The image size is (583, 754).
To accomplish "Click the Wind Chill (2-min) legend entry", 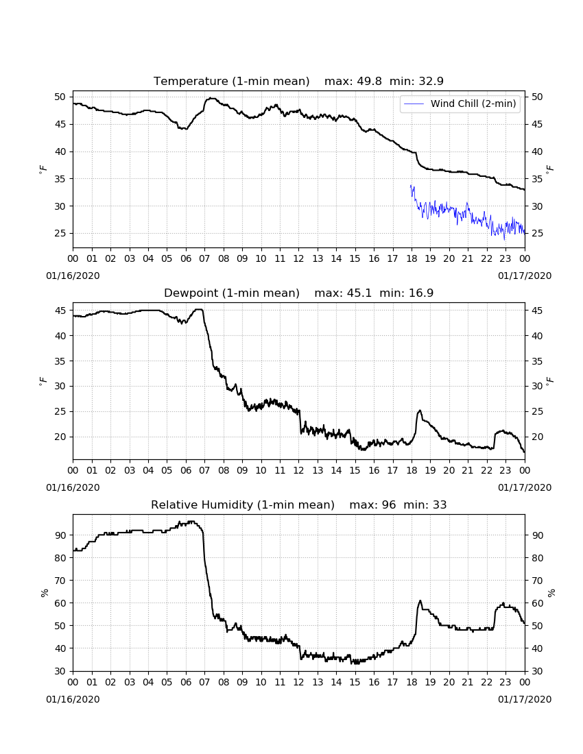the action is click(x=460, y=104).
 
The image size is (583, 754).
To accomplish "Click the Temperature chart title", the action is click(x=231, y=82).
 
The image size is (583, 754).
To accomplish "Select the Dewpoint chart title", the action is click(x=232, y=293).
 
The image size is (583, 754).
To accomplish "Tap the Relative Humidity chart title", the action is click(x=242, y=505).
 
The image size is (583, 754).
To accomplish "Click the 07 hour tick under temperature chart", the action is click(x=204, y=258).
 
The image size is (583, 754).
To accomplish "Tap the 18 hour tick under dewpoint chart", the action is click(x=412, y=470).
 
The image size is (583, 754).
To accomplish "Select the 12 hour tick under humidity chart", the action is click(x=299, y=682).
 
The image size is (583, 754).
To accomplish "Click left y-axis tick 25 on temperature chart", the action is click(x=60, y=234).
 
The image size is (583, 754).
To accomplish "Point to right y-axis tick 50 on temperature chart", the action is click(x=537, y=97).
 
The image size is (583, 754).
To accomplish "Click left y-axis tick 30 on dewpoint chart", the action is click(x=60, y=386).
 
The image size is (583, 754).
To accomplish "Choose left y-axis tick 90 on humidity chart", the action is click(x=60, y=535).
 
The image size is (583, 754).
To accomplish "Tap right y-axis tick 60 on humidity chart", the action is click(x=537, y=603).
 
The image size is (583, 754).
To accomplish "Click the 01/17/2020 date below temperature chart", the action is click(x=524, y=276).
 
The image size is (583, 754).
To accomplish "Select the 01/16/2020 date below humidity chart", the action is click(x=73, y=699).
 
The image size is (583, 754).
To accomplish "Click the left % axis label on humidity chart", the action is click(x=45, y=592).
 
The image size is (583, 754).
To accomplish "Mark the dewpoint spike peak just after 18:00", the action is click(x=420, y=410).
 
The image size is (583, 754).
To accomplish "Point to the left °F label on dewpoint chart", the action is click(x=43, y=381).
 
